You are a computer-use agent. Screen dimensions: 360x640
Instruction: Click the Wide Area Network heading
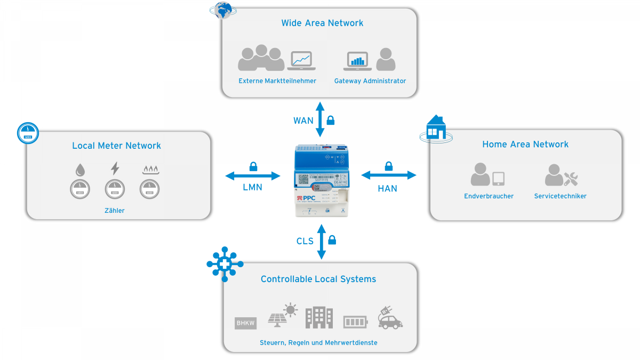pos(322,23)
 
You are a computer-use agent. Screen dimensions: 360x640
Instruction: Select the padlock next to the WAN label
pos(331,120)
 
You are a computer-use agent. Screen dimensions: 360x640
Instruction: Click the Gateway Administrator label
pos(370,81)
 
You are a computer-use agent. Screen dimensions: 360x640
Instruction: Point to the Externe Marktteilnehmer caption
pos(277,81)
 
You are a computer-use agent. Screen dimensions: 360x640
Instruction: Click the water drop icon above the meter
pos(79,170)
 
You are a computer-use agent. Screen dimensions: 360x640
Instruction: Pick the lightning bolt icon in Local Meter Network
pos(115,169)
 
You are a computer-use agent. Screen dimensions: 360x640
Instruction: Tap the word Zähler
pos(115,211)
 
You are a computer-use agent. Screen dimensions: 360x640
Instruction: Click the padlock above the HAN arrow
pos(389,166)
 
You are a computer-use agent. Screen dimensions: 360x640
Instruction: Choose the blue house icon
pos(436,128)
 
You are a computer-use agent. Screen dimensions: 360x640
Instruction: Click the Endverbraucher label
pos(489,196)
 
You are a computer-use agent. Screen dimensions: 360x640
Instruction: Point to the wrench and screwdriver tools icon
pos(571,178)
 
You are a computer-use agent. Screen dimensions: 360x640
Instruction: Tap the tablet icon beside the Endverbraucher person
pos(498,178)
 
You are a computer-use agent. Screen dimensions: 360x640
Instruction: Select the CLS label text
pos(305,241)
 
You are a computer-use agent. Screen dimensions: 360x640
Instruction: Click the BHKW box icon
pos(245,323)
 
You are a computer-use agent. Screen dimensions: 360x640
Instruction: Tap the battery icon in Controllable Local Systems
pos(355,322)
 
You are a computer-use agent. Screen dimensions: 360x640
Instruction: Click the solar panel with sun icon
pos(283,316)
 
